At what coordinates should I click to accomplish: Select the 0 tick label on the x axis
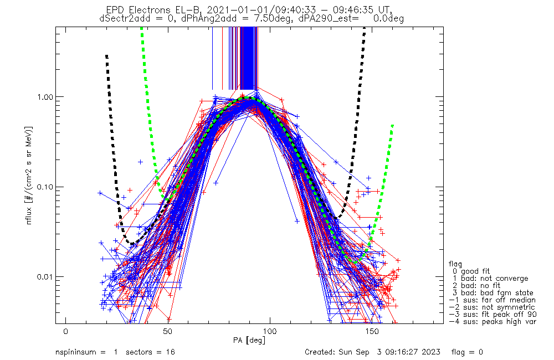(x=66, y=331)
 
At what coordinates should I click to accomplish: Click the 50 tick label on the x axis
(x=168, y=331)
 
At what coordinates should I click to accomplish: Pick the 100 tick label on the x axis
(x=270, y=331)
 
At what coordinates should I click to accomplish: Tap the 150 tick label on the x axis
(x=372, y=331)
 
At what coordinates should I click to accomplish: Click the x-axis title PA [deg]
(x=249, y=341)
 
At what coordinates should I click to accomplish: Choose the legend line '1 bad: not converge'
(x=490, y=279)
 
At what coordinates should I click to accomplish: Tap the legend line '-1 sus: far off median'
(x=493, y=300)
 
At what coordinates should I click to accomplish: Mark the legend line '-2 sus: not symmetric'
(x=492, y=307)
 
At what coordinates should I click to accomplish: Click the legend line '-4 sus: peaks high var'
(x=493, y=321)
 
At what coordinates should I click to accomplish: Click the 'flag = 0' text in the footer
(x=467, y=352)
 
